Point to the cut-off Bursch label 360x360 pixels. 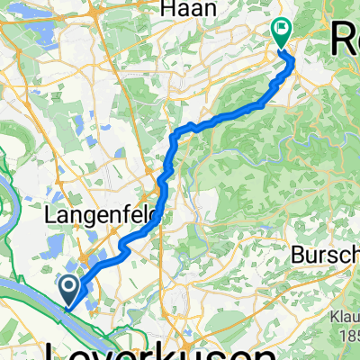(x=325, y=255)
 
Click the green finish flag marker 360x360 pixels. (x=283, y=34)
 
